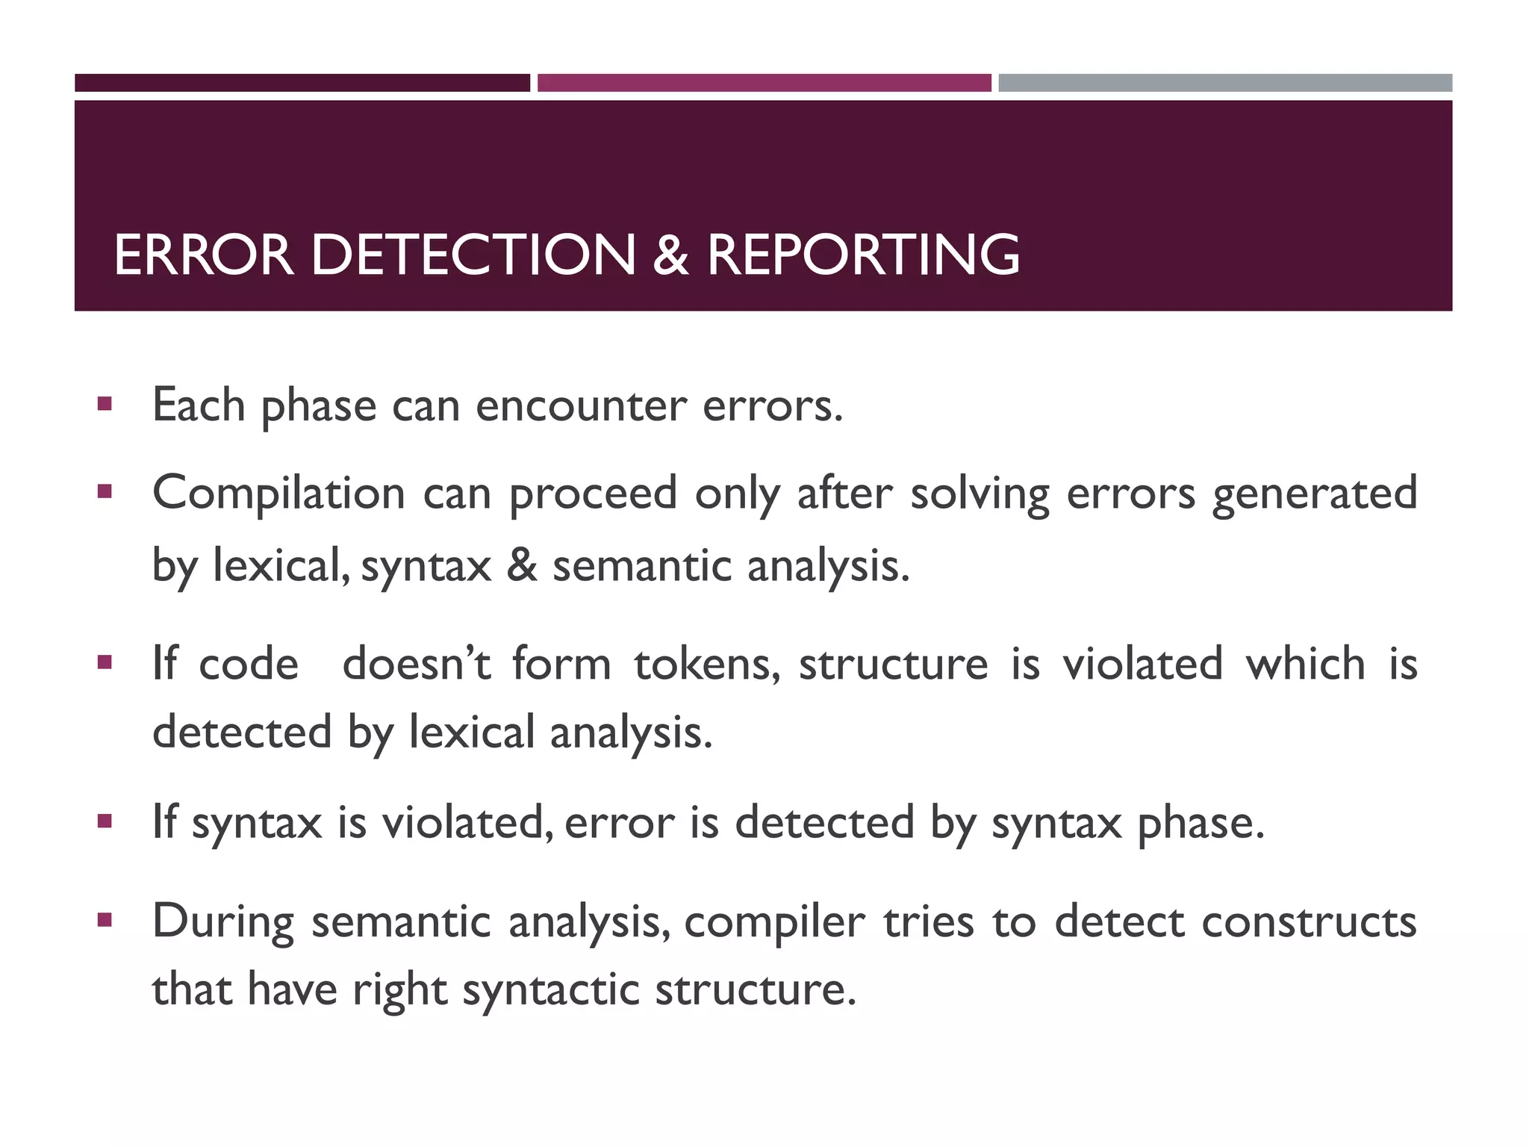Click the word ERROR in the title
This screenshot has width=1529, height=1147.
point(204,255)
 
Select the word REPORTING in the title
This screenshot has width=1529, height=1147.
point(863,255)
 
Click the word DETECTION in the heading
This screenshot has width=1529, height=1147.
point(473,255)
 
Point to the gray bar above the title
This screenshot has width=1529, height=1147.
point(1225,83)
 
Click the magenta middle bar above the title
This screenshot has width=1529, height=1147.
point(764,83)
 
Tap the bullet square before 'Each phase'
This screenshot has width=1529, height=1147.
point(105,405)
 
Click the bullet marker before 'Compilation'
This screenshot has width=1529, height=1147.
point(105,492)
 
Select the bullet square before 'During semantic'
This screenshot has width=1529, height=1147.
point(105,920)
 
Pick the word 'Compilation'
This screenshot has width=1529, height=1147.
point(278,494)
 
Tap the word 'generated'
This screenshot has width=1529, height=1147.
point(1314,495)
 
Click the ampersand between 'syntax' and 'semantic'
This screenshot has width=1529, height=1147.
point(522,565)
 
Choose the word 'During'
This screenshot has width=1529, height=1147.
point(223,923)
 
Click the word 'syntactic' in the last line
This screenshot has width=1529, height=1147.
point(551,990)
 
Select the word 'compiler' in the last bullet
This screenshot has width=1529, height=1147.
point(774,923)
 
